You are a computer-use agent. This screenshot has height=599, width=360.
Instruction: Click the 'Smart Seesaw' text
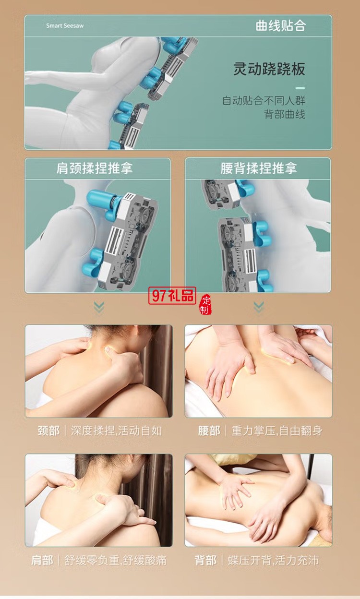point(65,25)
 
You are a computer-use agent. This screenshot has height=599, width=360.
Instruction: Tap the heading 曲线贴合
point(280,25)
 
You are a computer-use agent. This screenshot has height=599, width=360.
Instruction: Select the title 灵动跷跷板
point(269,69)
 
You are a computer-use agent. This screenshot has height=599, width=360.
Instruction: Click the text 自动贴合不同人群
point(264,101)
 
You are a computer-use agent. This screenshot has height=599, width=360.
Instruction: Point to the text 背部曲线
point(285,114)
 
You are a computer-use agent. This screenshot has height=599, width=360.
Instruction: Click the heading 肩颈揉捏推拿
point(95,168)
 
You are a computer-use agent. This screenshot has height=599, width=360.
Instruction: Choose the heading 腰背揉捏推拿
point(258,168)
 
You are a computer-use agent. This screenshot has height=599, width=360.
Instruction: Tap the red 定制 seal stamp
point(205,304)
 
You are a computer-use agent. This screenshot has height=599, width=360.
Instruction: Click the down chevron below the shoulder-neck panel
point(99,307)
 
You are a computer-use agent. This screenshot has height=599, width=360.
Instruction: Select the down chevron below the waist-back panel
point(258,307)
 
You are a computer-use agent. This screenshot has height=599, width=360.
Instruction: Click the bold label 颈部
point(48,431)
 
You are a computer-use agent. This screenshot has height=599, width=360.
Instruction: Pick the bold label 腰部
point(209,431)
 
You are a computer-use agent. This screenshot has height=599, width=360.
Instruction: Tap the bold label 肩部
point(42,560)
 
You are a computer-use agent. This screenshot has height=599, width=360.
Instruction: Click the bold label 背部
point(205,560)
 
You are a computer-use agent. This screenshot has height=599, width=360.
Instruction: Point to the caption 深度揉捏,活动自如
point(116,431)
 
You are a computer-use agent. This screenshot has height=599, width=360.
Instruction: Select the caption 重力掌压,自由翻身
point(276,431)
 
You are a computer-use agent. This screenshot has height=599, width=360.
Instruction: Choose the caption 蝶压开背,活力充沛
point(273,560)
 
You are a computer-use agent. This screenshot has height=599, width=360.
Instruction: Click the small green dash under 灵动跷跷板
point(300,88)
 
